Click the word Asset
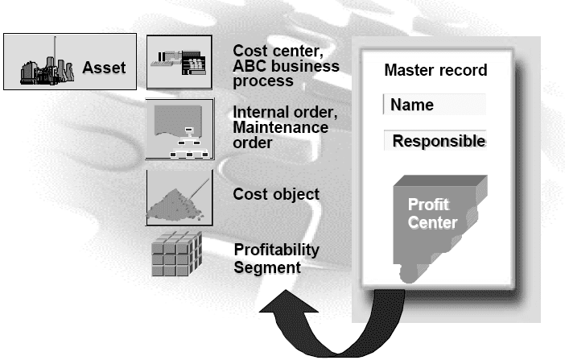(104, 68)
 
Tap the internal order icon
(179, 129)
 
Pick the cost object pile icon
(179, 197)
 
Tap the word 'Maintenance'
(280, 128)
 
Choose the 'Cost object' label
(276, 194)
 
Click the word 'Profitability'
(276, 250)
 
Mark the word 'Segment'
(267, 266)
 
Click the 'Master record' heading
(435, 70)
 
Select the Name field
(435, 105)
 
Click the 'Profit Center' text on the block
(432, 213)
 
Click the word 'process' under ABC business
(263, 81)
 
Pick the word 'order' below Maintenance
(251, 143)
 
